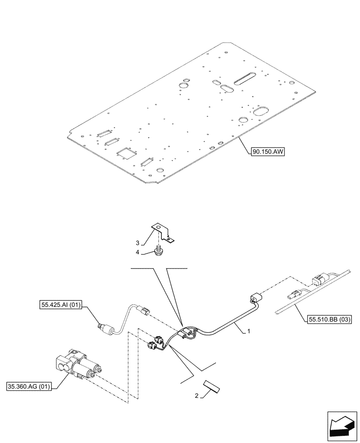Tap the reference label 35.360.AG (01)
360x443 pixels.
pyautogui.click(x=30, y=386)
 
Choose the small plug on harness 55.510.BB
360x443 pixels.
pyautogui.click(x=295, y=294)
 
